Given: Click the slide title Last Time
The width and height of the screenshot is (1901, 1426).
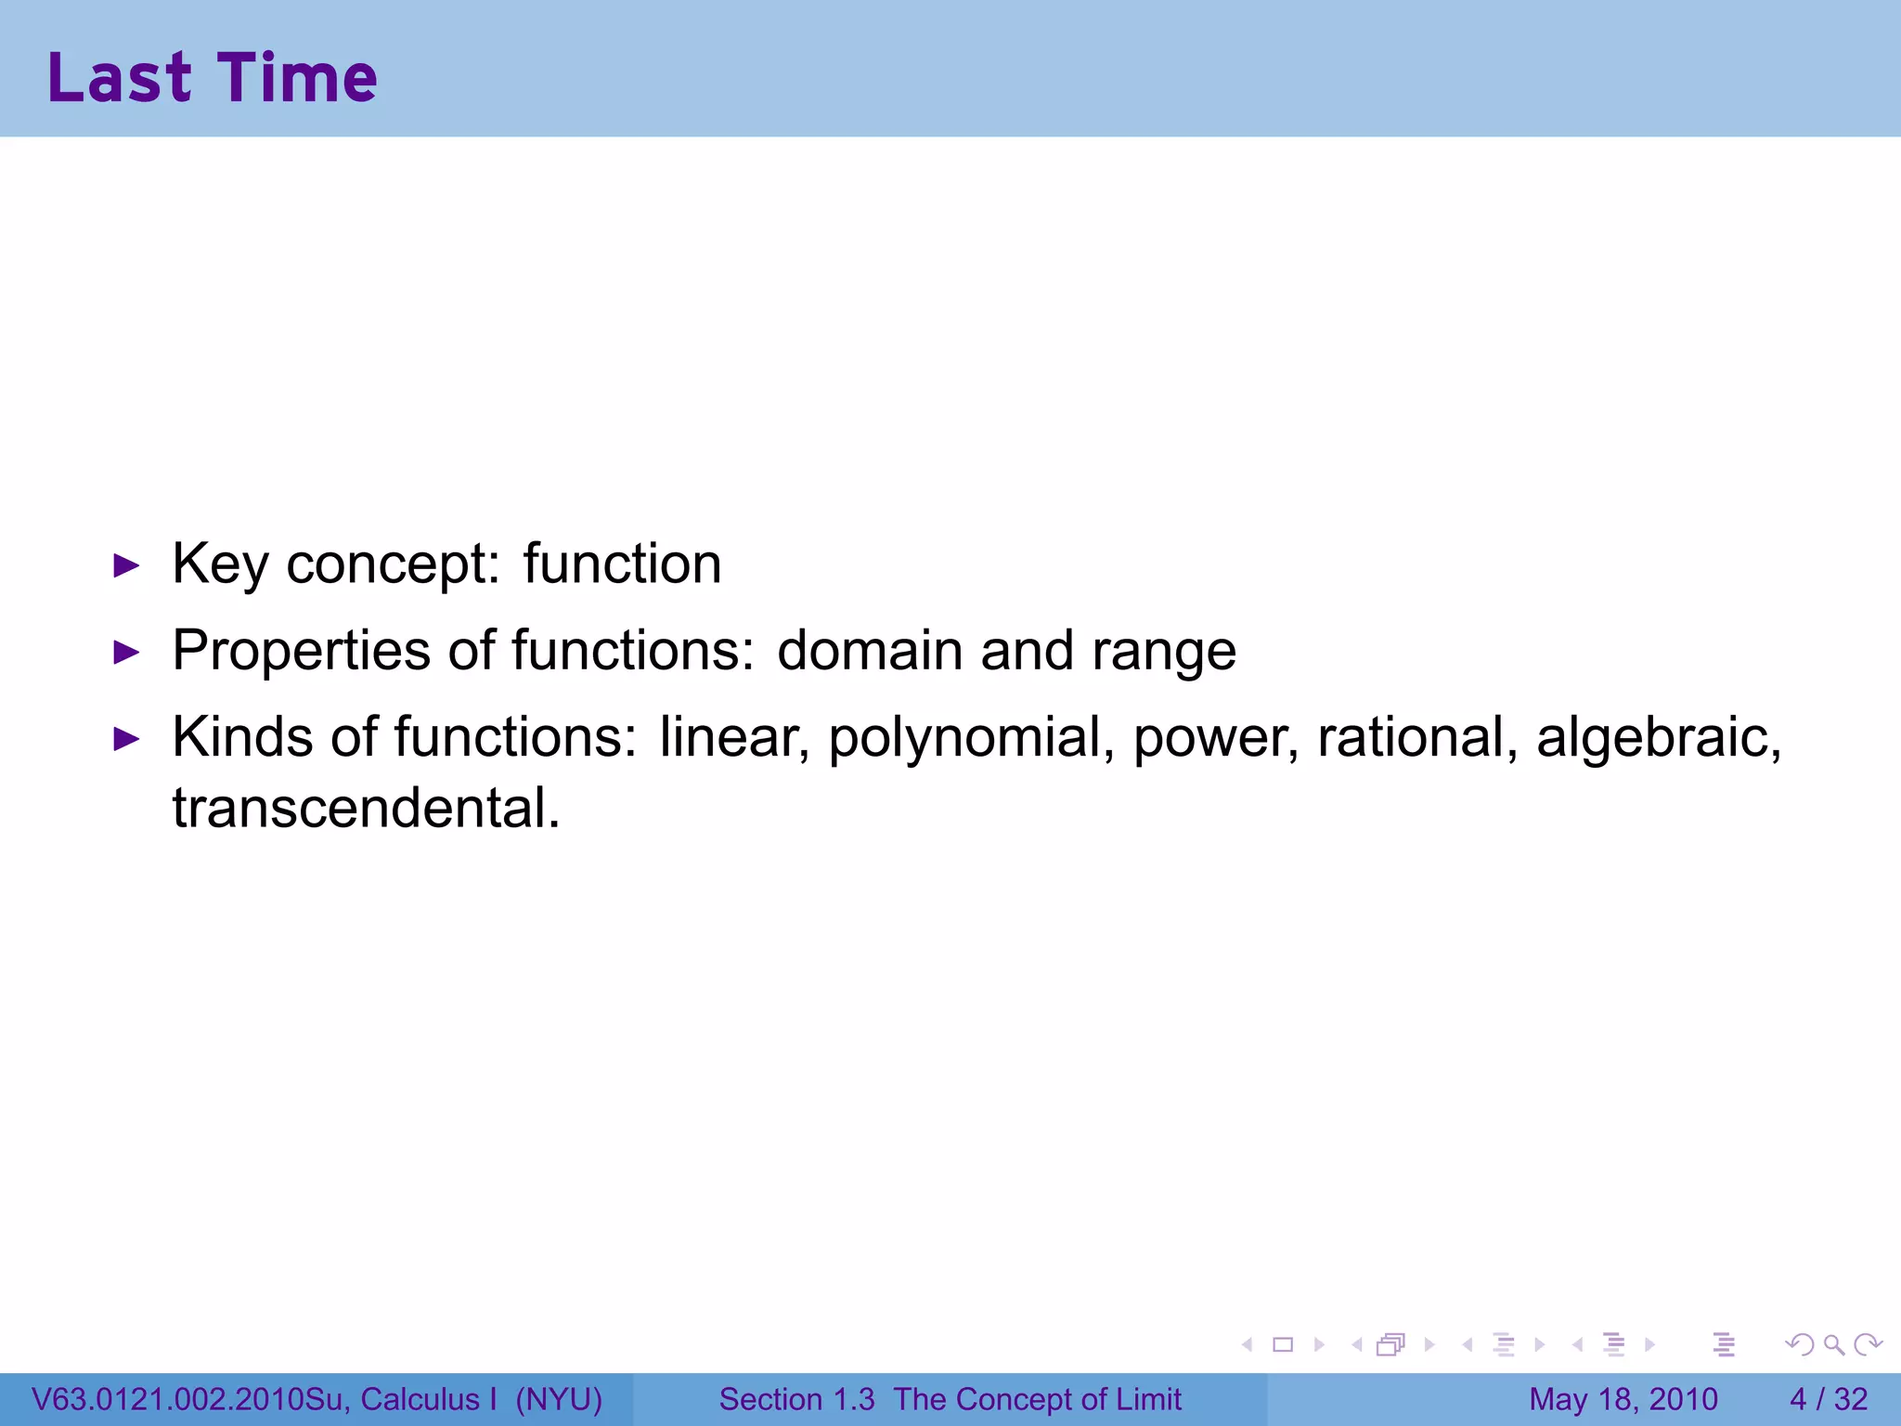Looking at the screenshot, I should coord(213,77).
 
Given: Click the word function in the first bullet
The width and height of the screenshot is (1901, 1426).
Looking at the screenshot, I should coord(622,564).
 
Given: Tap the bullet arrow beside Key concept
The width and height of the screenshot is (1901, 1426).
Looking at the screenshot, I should coord(125,565).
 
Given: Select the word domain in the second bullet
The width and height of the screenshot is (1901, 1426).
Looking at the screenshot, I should coord(870,650).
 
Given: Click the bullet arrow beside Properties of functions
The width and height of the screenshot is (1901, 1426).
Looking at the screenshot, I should coord(125,653).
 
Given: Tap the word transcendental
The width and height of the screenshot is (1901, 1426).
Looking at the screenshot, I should coord(366,808).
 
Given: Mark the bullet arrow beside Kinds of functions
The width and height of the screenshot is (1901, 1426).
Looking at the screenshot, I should coord(125,740).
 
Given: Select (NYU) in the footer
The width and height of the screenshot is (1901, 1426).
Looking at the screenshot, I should coord(559,1399).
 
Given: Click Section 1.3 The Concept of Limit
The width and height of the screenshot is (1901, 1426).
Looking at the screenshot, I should coord(950,1399).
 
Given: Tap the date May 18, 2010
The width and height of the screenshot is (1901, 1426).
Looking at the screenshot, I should coord(1623,1399).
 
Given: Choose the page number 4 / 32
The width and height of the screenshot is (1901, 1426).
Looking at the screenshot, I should coord(1828,1399).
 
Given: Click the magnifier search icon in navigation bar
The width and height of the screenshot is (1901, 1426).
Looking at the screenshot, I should coord(1833,1344).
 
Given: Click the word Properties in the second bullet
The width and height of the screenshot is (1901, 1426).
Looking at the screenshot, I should coord(301,652).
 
